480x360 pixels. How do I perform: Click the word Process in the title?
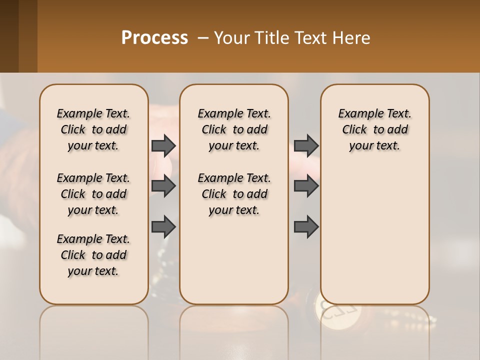point(154,38)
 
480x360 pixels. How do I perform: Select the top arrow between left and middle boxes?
point(163,145)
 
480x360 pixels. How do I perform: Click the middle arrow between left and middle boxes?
point(163,186)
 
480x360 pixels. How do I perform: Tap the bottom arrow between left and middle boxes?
point(163,226)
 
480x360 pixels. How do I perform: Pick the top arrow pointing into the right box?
point(306,145)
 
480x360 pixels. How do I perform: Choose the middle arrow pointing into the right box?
point(306,186)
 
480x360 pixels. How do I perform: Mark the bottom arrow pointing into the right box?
point(306,226)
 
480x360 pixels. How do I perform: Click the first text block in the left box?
point(93,129)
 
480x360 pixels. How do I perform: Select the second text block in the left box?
point(93,194)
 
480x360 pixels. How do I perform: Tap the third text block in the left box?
point(93,255)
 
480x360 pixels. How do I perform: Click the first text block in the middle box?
point(234,129)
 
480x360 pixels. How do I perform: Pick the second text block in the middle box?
point(234,194)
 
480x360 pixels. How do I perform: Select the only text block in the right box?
point(374,129)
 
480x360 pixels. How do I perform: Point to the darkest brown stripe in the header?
point(9,36)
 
